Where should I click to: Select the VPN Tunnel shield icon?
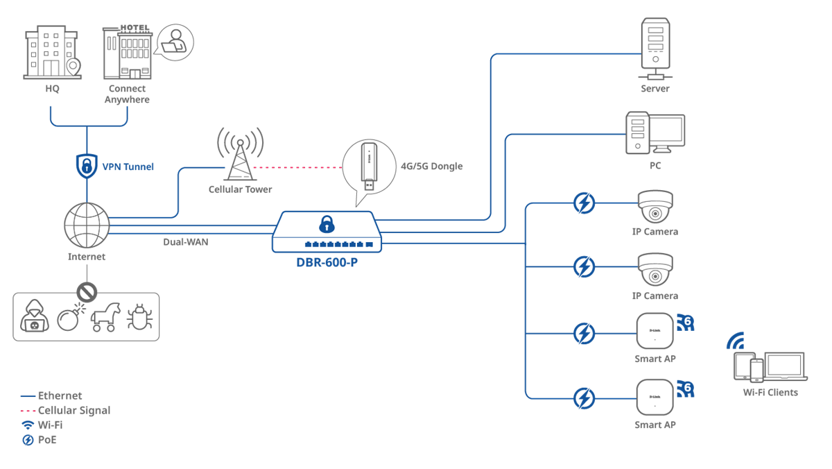[87, 165]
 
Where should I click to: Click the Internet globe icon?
[87, 226]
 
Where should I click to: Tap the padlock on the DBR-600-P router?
[325, 224]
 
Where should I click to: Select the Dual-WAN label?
[185, 242]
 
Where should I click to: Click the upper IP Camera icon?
[655, 207]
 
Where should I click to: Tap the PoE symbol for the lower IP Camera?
[584, 266]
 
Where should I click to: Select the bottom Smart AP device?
[655, 398]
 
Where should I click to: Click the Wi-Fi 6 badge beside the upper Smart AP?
[685, 323]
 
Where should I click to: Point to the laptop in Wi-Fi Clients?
[785, 367]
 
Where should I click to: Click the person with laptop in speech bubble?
[174, 42]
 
